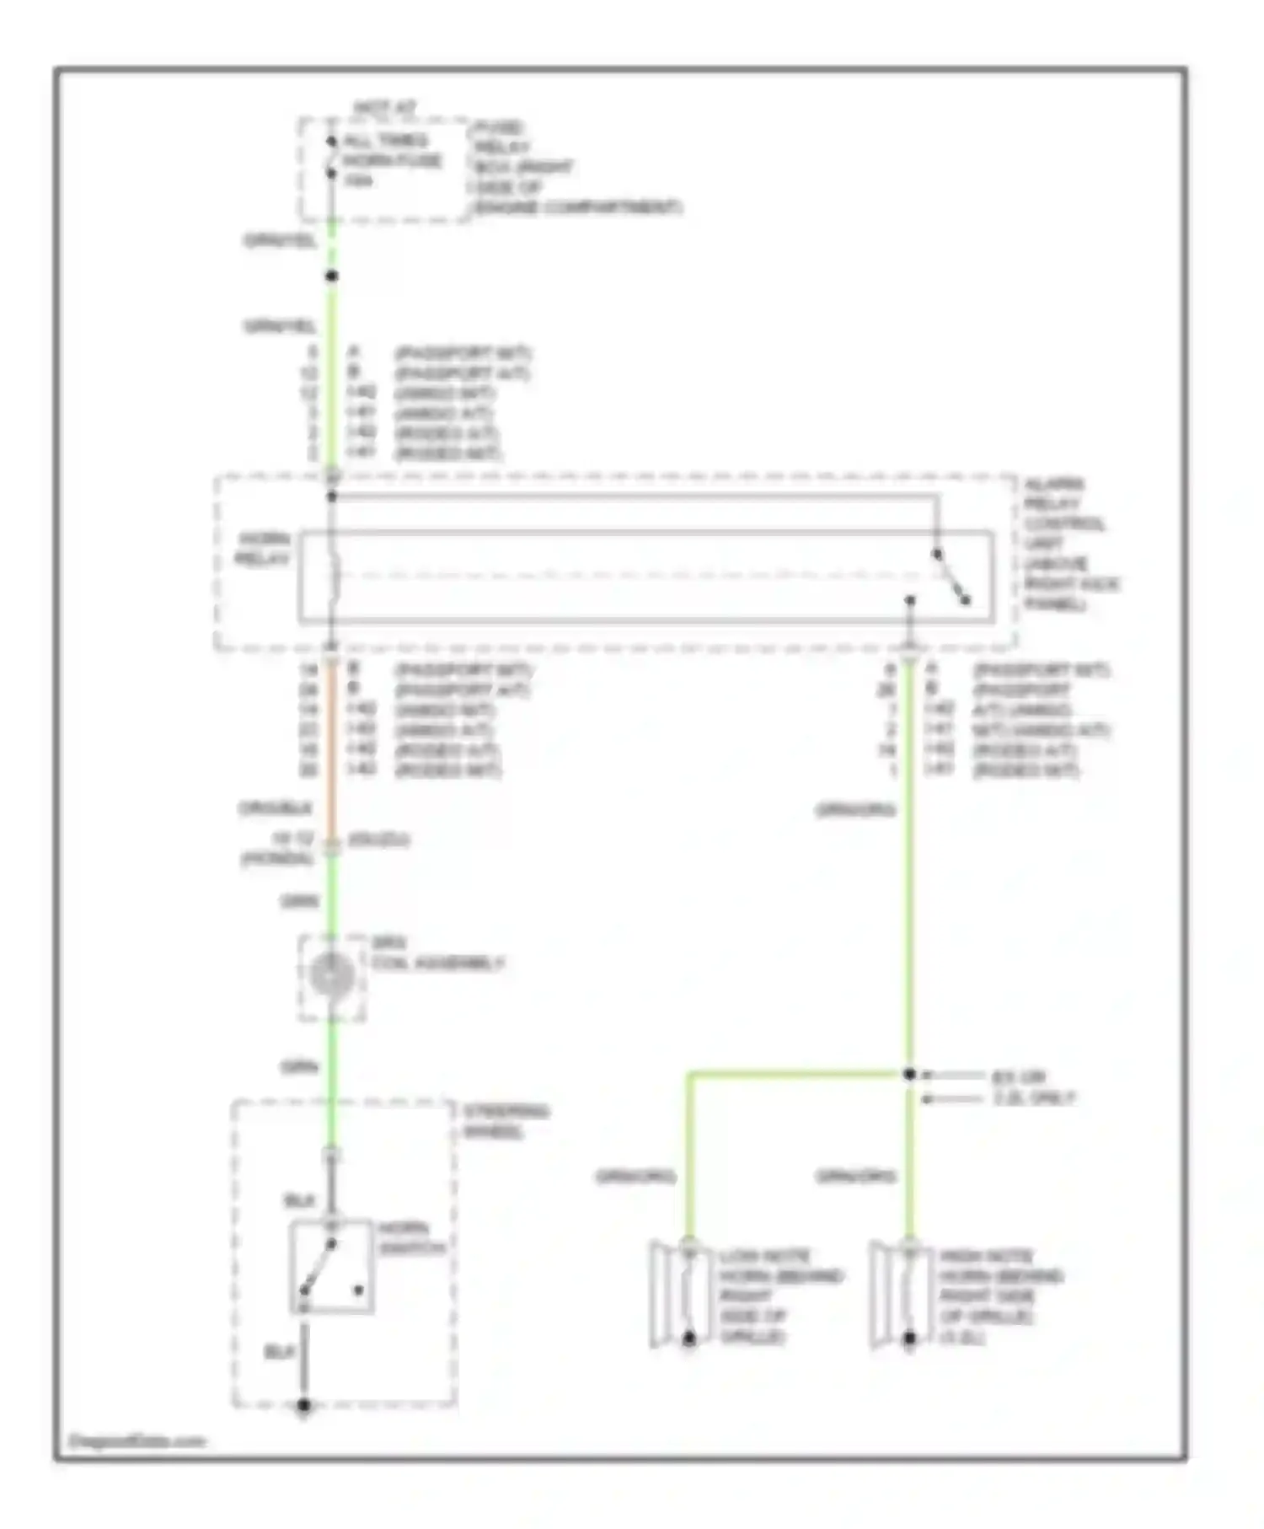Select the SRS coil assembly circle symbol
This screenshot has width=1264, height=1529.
pos(331,975)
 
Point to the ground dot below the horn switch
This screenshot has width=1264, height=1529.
pos(304,1405)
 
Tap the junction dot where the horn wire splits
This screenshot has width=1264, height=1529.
pos(909,1075)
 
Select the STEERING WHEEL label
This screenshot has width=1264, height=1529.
pos(505,1121)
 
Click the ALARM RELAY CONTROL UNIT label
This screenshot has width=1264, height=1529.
pos(1070,544)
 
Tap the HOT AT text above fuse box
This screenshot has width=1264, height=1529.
pos(384,109)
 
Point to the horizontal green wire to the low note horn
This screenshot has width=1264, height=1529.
pos(792,1075)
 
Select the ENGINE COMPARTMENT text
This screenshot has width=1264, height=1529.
pos(577,207)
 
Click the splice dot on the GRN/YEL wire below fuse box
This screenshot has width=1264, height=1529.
pos(332,276)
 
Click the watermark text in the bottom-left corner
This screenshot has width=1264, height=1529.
pos(137,1440)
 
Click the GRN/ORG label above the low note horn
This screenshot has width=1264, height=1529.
pos(635,1176)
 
